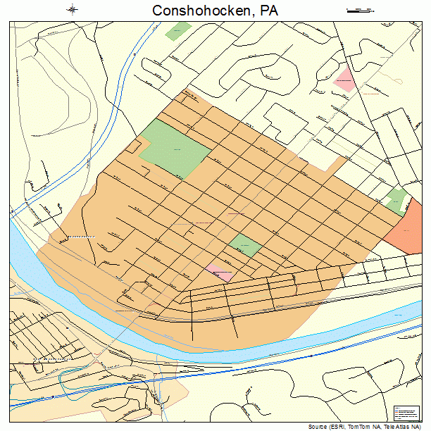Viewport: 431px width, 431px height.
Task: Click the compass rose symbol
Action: [73, 10]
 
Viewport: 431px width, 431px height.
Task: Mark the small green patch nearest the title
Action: [182, 32]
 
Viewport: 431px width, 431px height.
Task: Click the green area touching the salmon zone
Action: [397, 200]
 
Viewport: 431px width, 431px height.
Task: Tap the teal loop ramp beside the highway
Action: [70, 380]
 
